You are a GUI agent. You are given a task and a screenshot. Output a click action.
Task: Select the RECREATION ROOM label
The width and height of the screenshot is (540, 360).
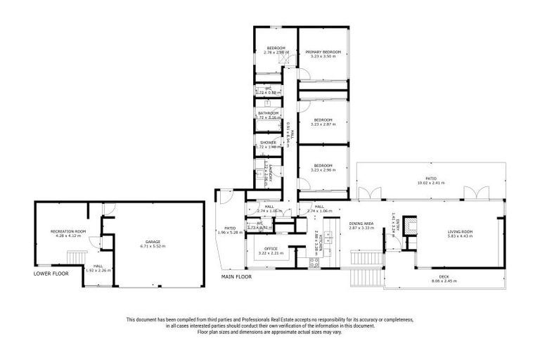point(67,231)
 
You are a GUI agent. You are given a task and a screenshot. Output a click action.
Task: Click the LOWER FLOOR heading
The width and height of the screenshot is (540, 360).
point(51,273)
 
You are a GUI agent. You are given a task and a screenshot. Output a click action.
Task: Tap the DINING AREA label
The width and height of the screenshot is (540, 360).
point(361,224)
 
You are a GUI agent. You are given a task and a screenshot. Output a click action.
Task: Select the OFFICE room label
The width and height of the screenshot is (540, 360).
point(271,249)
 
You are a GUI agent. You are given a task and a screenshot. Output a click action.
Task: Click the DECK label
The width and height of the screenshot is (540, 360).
point(444,276)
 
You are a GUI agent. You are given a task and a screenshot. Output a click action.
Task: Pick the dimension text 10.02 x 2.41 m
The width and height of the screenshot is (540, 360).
point(430,184)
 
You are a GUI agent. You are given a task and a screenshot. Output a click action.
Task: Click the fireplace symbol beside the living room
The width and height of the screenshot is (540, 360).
point(414,225)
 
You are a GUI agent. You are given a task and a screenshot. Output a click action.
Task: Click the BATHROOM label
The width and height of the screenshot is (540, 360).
point(268,113)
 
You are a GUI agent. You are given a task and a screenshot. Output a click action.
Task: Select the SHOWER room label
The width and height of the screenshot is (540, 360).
point(268,142)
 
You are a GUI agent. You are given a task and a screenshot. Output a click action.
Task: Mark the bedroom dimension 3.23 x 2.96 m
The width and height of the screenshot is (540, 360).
point(323,170)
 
